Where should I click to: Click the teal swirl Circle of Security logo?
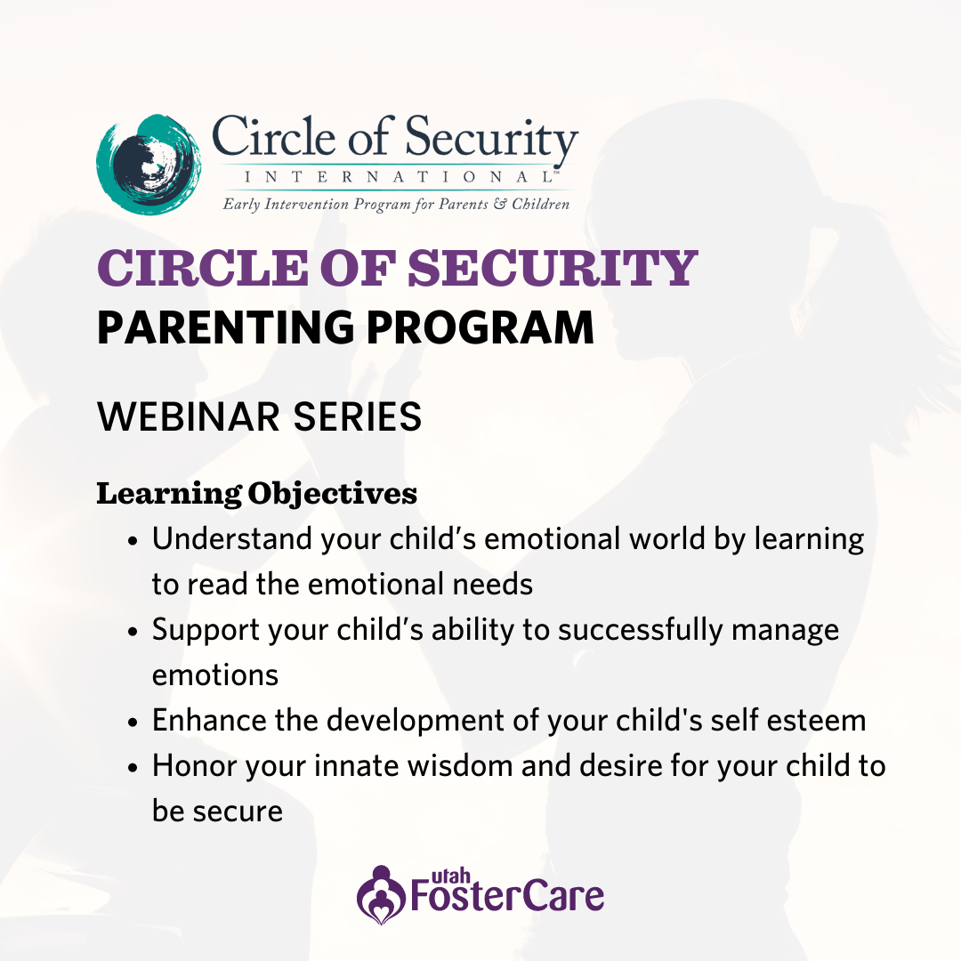pyautogui.click(x=149, y=165)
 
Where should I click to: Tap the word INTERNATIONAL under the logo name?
pyautogui.click(x=399, y=177)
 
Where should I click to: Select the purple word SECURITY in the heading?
pyautogui.click(x=553, y=268)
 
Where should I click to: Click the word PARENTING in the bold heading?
pyautogui.click(x=225, y=327)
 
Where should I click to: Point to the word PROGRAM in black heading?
pyautogui.click(x=480, y=327)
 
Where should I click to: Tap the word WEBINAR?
pyautogui.click(x=189, y=416)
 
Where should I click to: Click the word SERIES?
pyautogui.click(x=358, y=416)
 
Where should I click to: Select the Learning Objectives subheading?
pyautogui.click(x=257, y=494)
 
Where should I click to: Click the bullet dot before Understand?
pyautogui.click(x=133, y=542)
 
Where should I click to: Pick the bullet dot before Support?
pyautogui.click(x=133, y=633)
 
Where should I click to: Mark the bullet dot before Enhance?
pyautogui.click(x=133, y=723)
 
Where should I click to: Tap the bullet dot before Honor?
pyautogui.click(x=133, y=769)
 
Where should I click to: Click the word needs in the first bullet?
pyautogui.click(x=493, y=585)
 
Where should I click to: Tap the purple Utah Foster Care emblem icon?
pyautogui.click(x=381, y=895)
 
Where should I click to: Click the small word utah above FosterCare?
pyautogui.click(x=450, y=876)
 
